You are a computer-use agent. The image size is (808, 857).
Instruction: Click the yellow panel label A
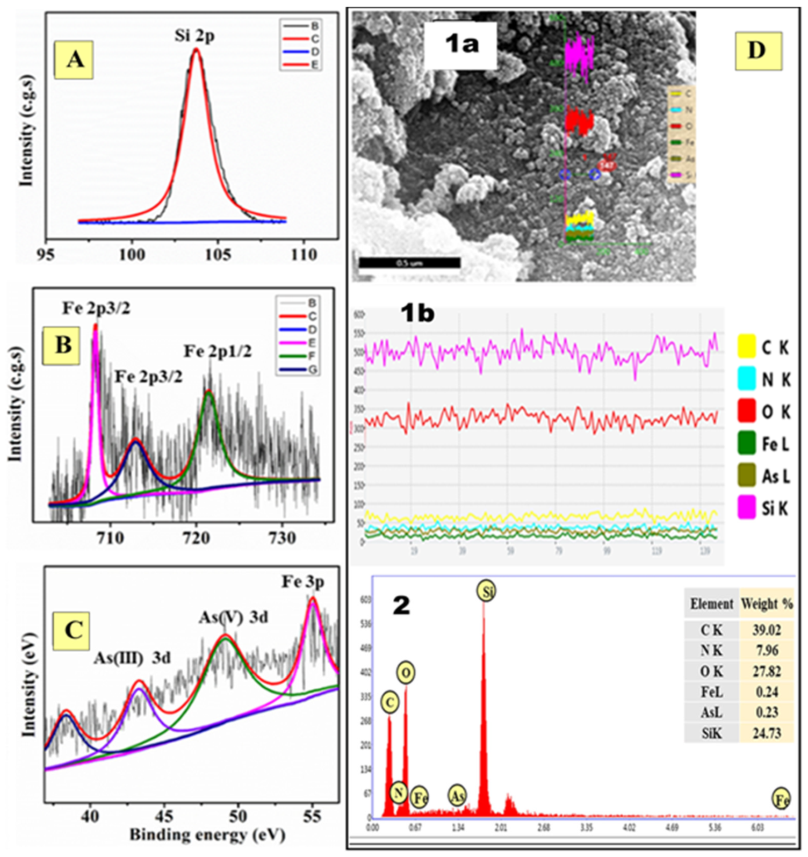[x=74, y=59]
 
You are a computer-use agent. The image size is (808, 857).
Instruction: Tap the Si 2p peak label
[x=194, y=36]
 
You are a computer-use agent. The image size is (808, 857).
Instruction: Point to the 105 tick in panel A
[x=218, y=254]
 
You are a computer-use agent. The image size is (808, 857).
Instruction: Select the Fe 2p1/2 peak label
[x=218, y=351]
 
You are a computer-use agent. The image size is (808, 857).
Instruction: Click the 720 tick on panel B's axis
[x=196, y=537]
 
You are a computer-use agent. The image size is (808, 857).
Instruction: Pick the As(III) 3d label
[x=132, y=658]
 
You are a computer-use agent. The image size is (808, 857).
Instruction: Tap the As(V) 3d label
[x=233, y=617]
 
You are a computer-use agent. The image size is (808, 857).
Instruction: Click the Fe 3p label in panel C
[x=303, y=582]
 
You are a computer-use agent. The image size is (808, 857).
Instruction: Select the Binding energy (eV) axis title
[x=207, y=834]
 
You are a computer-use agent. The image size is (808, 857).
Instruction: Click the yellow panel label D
[x=757, y=51]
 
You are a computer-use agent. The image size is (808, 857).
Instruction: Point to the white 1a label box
[x=461, y=45]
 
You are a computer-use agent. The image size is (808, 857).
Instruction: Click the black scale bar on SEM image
[x=409, y=263]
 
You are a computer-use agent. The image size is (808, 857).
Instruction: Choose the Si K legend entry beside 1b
[x=764, y=508]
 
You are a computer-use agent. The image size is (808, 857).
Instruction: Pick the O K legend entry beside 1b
[x=764, y=412]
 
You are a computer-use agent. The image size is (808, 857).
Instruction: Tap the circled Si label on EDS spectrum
[x=486, y=592]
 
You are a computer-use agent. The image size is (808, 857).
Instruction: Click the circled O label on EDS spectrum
[x=406, y=673]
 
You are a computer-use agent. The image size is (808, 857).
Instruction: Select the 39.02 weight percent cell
[x=766, y=630]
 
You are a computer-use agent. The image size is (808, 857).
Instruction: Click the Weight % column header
[x=767, y=604]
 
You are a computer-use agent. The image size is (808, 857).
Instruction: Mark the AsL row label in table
[x=711, y=712]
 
